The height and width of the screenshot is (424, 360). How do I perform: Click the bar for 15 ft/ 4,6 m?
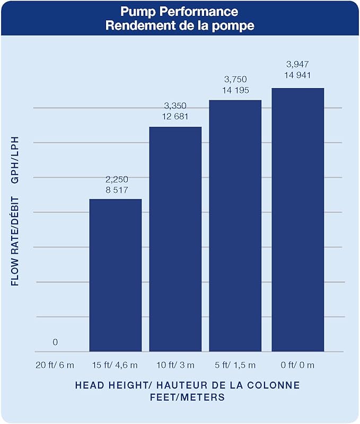(x=116, y=275)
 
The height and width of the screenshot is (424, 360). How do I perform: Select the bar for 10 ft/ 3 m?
(x=175, y=239)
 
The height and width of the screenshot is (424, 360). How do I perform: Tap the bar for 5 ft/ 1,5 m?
(x=235, y=226)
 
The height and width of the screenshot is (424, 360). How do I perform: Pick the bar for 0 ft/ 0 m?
(x=298, y=220)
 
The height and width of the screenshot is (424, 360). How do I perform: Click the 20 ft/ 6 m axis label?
(x=55, y=365)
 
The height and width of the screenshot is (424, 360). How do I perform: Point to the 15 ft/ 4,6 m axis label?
(x=115, y=365)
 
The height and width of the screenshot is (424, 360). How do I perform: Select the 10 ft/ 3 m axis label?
(x=175, y=365)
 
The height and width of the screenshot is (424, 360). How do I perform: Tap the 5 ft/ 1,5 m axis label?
(x=235, y=365)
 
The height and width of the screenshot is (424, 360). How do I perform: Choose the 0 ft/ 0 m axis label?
(x=297, y=365)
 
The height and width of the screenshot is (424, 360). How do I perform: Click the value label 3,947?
(x=297, y=64)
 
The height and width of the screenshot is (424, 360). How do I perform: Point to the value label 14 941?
(x=297, y=75)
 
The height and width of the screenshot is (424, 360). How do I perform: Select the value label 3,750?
(x=235, y=79)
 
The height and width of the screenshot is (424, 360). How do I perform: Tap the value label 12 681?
(x=175, y=117)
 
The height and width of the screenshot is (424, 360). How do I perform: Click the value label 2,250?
(x=117, y=179)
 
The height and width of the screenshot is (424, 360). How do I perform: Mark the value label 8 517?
(x=117, y=190)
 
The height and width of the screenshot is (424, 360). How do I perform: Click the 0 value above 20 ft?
(x=55, y=342)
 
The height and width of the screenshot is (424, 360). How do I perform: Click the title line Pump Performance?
(x=179, y=12)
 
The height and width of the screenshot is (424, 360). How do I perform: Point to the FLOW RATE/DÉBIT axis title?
(x=15, y=241)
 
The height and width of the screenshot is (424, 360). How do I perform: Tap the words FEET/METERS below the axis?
(x=188, y=397)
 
